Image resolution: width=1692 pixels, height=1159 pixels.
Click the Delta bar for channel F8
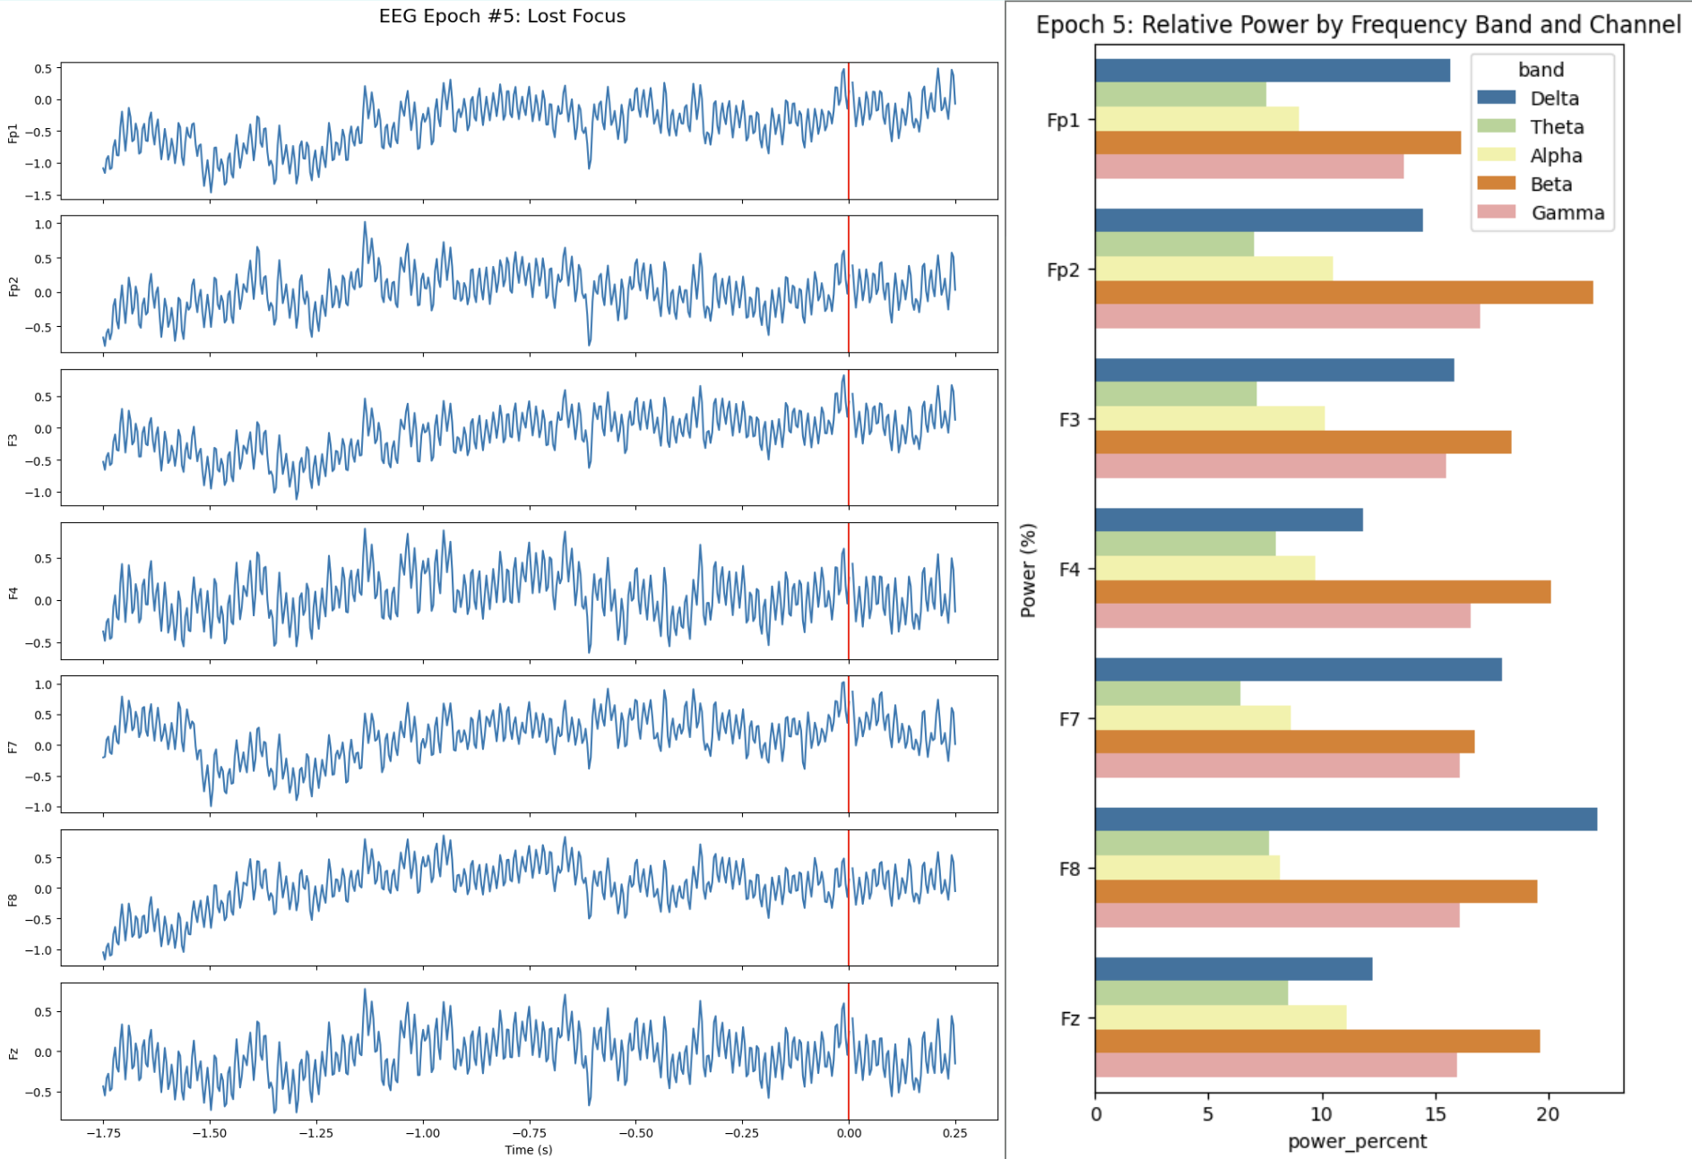coord(1344,819)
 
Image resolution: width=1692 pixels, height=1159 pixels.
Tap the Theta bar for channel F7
coord(1167,693)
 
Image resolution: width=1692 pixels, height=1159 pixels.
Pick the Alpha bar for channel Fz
coord(1220,1017)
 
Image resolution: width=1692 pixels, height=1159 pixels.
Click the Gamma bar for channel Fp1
coord(1248,167)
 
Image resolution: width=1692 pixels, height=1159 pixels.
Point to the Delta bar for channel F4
coord(1228,519)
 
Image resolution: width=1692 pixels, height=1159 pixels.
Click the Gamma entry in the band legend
coord(1567,213)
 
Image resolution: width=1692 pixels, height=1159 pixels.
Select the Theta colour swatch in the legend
coord(1496,126)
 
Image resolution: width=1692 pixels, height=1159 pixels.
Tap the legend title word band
coord(1541,70)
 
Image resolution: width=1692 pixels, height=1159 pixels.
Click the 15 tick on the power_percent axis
coord(1435,1113)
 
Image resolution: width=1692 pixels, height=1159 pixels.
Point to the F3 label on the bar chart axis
coord(1069,419)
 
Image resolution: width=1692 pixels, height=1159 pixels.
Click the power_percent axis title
coord(1357,1141)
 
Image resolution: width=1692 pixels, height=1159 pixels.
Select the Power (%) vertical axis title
coord(1028,571)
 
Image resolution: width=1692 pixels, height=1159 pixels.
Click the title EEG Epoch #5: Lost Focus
coord(502,16)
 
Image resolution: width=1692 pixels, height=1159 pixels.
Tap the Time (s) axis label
coord(528,1150)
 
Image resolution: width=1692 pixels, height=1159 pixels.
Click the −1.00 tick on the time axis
coord(422,1133)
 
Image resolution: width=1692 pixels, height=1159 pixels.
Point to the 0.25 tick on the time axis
coord(954,1133)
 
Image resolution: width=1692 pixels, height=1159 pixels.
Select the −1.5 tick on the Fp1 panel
coord(43,195)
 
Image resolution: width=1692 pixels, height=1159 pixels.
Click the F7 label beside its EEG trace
coord(13,746)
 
